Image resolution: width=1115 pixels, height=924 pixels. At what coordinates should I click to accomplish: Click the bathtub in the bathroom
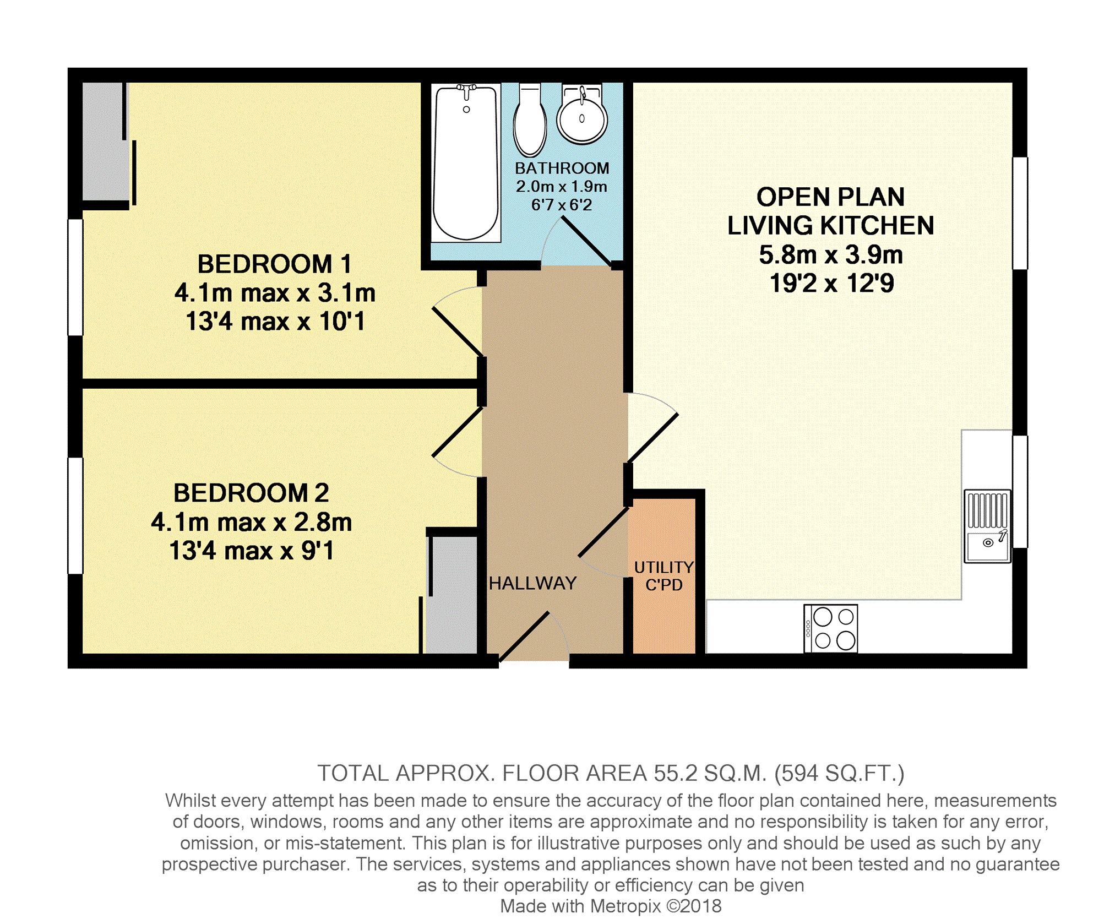tap(466, 162)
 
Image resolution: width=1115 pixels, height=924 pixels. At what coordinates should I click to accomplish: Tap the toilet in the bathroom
tap(530, 120)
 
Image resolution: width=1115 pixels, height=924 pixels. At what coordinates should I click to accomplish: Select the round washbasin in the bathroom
tap(582, 115)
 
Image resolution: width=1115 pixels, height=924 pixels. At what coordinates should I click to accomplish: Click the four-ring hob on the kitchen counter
tap(830, 628)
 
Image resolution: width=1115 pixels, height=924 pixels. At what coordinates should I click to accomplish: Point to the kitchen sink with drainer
tap(988, 526)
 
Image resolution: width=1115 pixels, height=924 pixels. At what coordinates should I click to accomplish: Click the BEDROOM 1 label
tap(274, 264)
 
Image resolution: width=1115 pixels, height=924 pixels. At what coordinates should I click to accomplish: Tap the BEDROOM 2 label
tap(251, 493)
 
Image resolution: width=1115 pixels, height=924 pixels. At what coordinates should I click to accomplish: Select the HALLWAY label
tap(532, 583)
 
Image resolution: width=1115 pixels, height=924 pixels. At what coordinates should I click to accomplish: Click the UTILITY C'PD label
tap(664, 576)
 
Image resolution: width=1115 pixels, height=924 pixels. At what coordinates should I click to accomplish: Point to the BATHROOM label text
tap(562, 168)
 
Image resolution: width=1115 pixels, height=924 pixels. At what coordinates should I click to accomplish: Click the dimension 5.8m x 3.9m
tap(831, 255)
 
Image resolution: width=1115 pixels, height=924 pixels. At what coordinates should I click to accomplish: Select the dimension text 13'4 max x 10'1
tap(275, 322)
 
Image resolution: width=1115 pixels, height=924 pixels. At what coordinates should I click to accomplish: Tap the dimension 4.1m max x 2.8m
tap(252, 522)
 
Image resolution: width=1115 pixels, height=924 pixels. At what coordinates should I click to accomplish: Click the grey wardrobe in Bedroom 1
tap(104, 142)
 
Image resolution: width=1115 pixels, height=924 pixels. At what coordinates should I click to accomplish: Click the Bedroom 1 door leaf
tap(458, 331)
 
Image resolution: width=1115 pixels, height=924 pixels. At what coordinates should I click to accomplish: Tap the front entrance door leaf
tap(524, 636)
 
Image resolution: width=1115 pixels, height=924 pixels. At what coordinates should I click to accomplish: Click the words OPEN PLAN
tap(830, 197)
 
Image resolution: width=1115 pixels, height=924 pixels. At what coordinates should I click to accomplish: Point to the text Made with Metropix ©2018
tap(611, 906)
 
